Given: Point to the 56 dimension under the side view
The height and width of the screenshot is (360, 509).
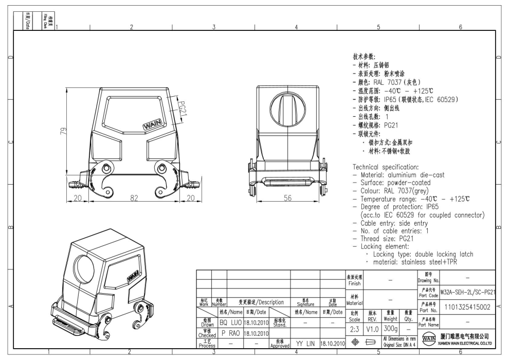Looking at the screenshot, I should pos(288,198).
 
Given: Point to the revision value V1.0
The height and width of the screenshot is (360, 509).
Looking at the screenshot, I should pos(374,328).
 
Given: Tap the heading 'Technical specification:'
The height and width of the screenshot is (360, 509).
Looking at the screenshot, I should pos(386,167).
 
